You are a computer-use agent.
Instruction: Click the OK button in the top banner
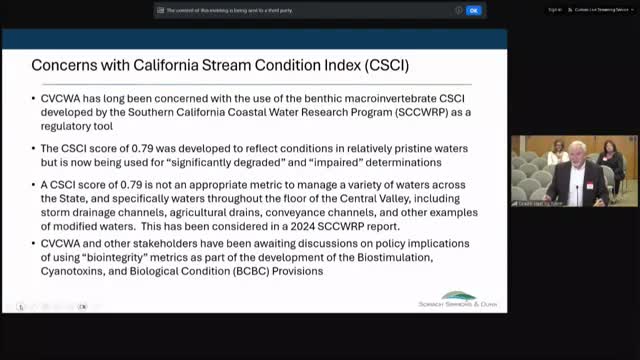pos(474,10)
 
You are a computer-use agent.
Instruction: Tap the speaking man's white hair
pos(580,147)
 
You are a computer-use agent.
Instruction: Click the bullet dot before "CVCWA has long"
pos(35,100)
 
